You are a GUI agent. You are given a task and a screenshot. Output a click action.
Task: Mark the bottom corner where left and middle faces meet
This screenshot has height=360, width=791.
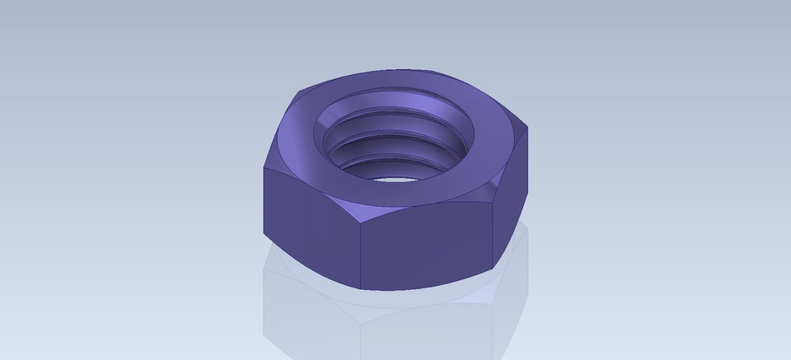[x=361, y=289]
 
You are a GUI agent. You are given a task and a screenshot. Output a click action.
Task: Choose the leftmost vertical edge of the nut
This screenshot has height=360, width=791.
[x=264, y=202]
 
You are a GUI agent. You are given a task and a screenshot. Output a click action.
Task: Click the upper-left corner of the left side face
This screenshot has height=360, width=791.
[x=264, y=168]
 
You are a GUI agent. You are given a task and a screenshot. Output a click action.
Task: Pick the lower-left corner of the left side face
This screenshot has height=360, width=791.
[x=264, y=234]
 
